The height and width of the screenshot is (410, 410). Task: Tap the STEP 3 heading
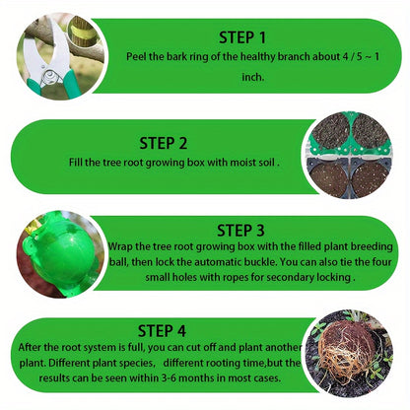point(240,230)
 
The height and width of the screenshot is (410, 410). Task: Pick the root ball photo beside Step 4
point(355,357)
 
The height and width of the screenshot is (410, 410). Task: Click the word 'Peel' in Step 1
point(137,58)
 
